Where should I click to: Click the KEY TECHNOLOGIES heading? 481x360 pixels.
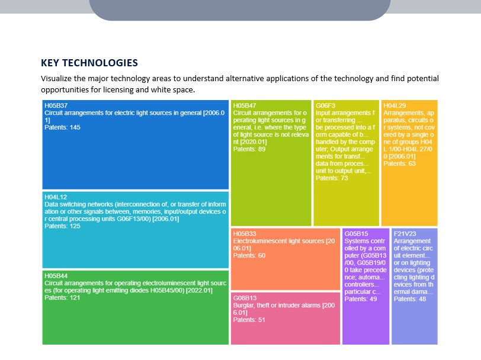89,63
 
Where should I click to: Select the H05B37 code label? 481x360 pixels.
56,105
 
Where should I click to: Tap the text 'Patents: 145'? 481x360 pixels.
62,127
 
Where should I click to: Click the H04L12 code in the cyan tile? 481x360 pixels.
56,197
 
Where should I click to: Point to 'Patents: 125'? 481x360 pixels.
62,226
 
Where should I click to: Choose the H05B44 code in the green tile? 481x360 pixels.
56,276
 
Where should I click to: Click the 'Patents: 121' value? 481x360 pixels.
62,298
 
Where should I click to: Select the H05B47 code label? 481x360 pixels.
245,105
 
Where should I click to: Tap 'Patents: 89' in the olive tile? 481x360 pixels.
249,149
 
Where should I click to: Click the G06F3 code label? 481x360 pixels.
325,105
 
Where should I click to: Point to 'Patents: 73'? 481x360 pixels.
332,178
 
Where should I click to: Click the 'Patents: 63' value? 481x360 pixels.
400,163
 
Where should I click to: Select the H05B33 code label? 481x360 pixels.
245,233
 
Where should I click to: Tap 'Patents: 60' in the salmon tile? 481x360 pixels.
249,255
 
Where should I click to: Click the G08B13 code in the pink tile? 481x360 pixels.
245,298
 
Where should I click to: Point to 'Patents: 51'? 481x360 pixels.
249,320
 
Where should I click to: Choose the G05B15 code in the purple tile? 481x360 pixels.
357,233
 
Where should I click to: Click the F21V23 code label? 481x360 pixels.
406,233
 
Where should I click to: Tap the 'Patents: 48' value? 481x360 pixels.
410,299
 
